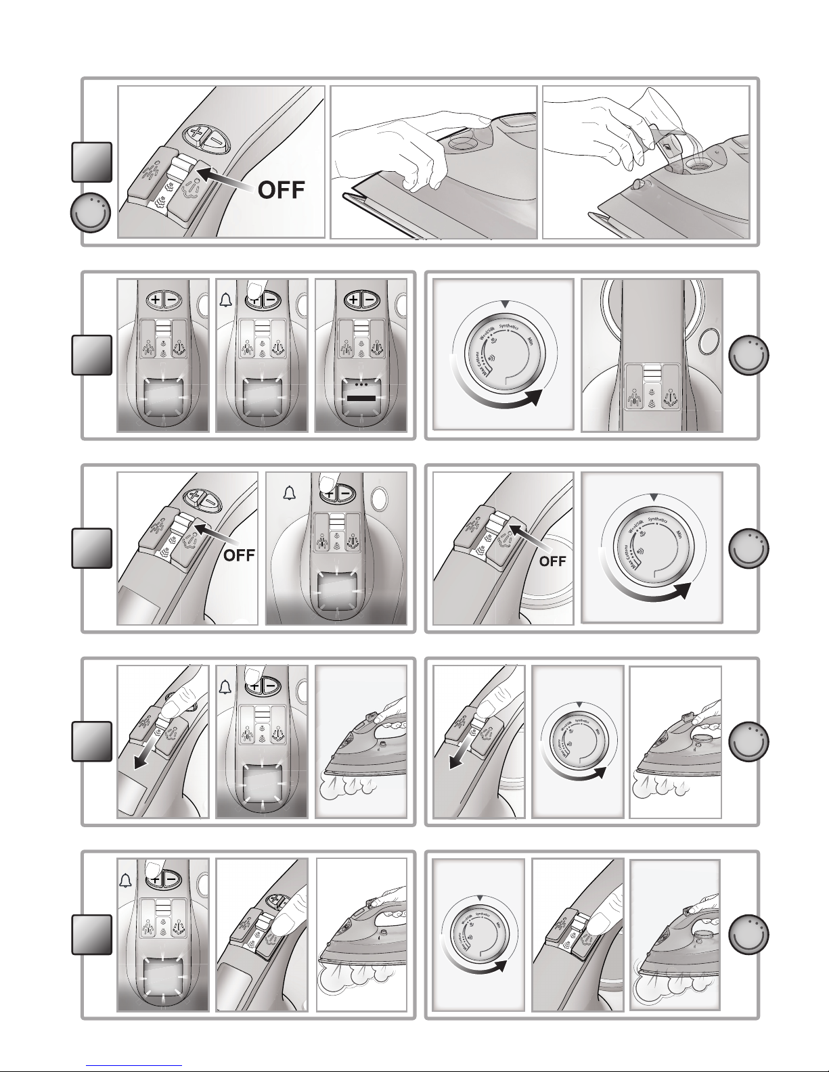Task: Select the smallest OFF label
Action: [552, 561]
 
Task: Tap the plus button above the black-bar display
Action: [353, 300]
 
